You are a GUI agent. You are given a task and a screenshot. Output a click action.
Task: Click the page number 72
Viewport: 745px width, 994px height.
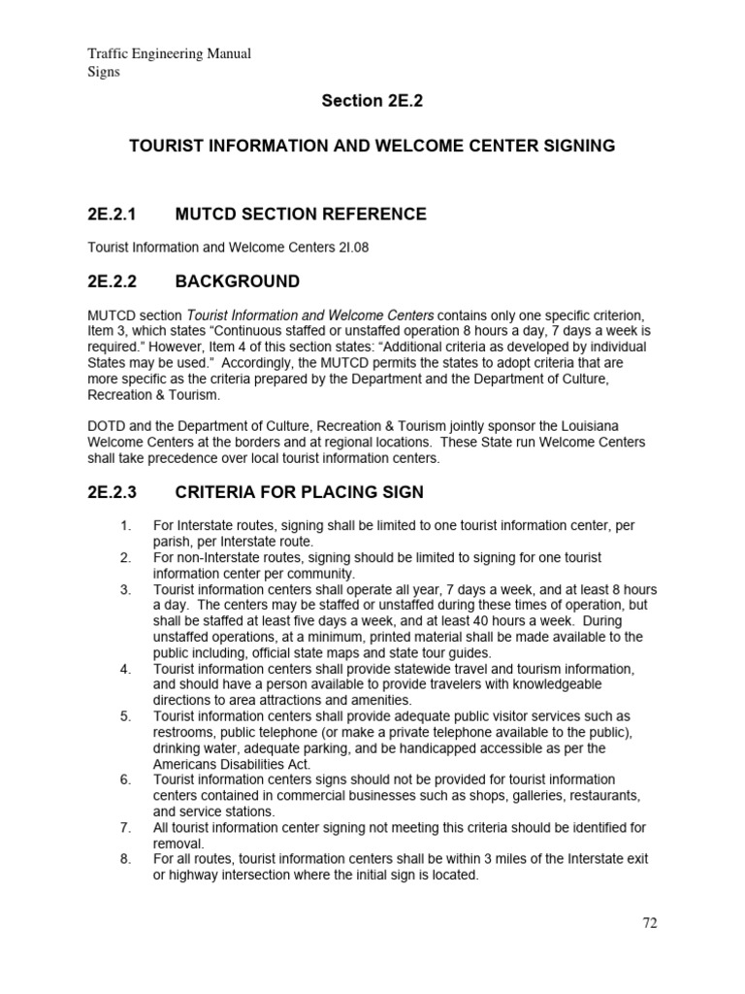[649, 923]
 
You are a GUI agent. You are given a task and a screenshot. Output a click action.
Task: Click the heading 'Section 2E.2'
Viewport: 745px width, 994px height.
[372, 101]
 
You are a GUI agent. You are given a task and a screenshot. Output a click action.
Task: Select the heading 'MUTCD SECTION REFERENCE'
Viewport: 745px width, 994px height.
[300, 214]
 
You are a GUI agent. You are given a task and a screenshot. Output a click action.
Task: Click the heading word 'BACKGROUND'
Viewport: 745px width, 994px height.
[237, 282]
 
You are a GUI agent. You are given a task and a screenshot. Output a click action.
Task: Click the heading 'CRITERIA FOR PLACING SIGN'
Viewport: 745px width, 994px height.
[299, 492]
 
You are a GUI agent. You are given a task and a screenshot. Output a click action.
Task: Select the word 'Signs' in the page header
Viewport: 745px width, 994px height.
[104, 72]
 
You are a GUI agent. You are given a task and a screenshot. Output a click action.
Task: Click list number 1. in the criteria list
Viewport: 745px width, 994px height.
[125, 525]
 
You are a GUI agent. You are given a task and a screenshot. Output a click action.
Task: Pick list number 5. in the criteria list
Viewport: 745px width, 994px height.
[125, 716]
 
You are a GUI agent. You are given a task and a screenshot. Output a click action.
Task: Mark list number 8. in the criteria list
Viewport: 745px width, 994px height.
[125, 859]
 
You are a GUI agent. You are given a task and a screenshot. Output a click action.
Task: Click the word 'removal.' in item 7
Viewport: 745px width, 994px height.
[179, 844]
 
